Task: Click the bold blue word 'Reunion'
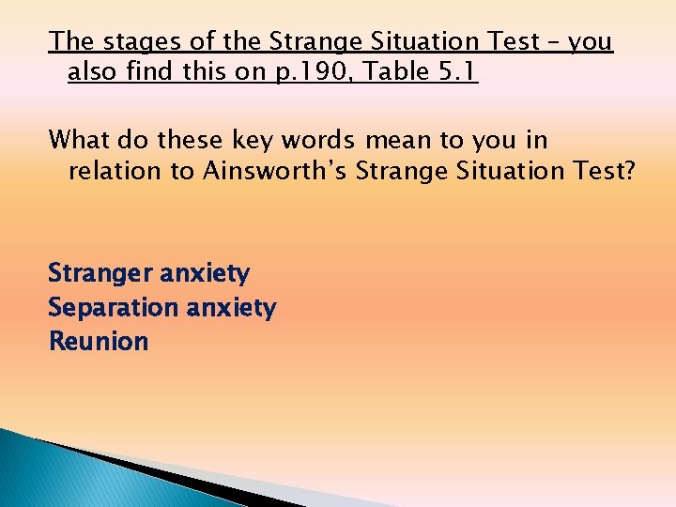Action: click(x=99, y=342)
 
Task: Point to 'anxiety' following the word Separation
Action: click(x=231, y=308)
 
